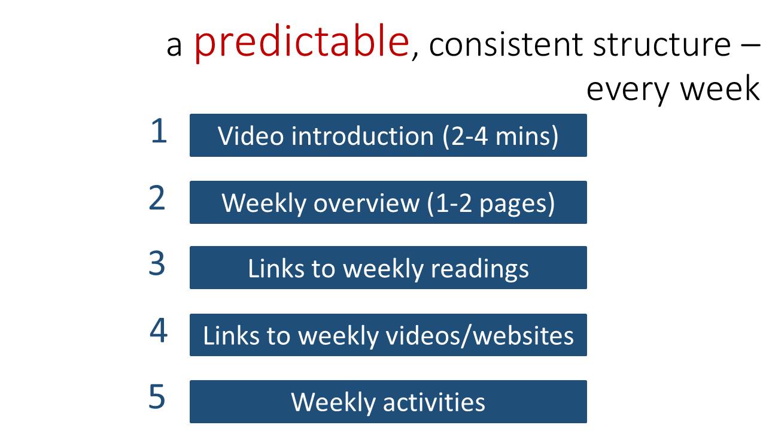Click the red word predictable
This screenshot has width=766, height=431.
(302, 42)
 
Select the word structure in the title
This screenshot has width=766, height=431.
(662, 44)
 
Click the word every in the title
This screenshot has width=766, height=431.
(628, 90)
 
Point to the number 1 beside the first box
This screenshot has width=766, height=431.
(159, 130)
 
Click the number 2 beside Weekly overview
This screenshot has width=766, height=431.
(157, 198)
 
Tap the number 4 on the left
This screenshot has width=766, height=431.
(159, 330)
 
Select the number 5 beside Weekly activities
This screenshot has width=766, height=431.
(157, 396)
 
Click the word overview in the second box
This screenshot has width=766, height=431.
(366, 203)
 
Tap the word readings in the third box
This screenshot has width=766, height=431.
(480, 269)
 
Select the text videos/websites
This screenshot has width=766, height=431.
(480, 336)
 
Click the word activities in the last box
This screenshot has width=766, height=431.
(434, 402)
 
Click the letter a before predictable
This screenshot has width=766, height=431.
(174, 47)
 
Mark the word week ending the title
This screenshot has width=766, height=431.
(720, 88)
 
